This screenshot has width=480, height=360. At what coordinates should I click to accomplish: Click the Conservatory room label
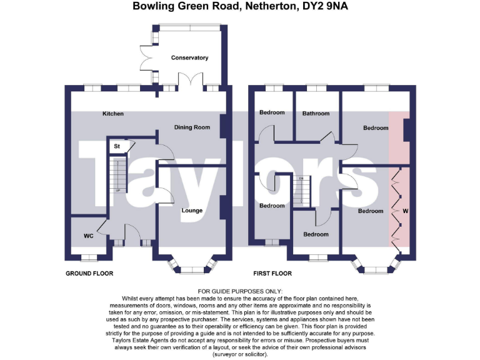point(189,57)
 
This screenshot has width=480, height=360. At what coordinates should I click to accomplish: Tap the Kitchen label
point(113,114)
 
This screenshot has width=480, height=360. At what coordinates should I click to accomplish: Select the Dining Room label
point(192,127)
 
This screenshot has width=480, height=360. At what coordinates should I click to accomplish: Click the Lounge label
point(192,211)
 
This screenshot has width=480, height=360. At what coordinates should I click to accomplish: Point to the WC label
point(88,236)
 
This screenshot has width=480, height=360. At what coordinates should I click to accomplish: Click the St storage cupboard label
point(116,146)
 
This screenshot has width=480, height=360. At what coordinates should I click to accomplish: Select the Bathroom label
point(316,114)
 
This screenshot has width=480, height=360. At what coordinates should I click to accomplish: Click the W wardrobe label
point(405,211)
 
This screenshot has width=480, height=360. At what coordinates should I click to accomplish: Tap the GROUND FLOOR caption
point(90,274)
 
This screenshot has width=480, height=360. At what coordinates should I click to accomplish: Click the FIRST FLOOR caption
point(272,274)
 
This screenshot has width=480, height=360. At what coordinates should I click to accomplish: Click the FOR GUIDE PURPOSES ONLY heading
point(240,291)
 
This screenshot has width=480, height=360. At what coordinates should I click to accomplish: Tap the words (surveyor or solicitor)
point(240,354)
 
